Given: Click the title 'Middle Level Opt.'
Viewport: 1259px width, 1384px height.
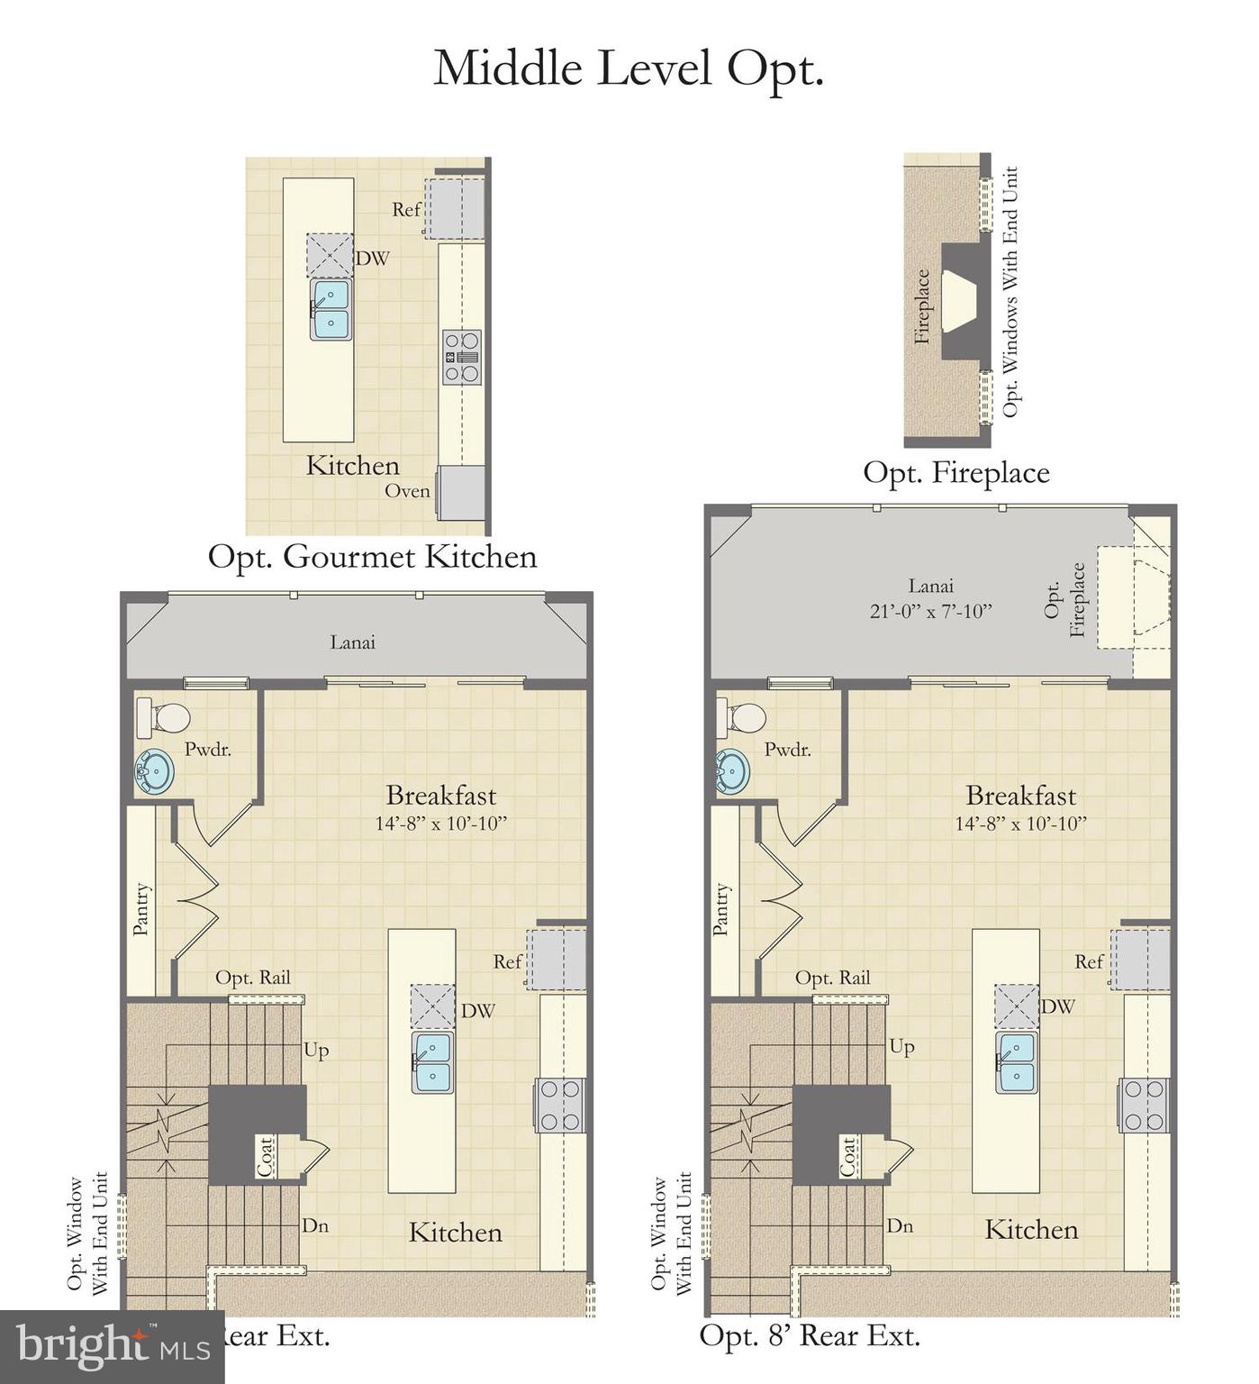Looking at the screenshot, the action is pyautogui.click(x=629, y=68).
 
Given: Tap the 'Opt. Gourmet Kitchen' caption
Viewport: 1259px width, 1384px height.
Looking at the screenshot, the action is pyautogui.click(x=372, y=556).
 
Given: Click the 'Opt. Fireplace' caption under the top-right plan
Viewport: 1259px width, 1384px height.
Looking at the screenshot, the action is pyautogui.click(x=956, y=472).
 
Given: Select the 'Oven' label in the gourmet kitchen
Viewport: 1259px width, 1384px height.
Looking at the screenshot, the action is pyautogui.click(x=407, y=491).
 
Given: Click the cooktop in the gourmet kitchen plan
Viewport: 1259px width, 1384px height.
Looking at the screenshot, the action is pyautogui.click(x=462, y=357).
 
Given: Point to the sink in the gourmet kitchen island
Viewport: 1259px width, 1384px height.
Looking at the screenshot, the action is pyautogui.click(x=331, y=309).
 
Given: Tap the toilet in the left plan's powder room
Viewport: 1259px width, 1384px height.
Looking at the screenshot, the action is pyautogui.click(x=163, y=718).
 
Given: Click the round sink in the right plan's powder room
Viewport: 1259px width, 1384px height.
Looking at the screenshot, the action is pyautogui.click(x=732, y=772).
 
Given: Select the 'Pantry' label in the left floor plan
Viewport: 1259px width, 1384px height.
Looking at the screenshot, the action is pyautogui.click(x=141, y=909).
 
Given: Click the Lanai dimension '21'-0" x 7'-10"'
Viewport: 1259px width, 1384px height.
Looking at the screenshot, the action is pyautogui.click(x=931, y=610).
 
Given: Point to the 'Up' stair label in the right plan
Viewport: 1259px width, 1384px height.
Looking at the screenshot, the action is pyautogui.click(x=901, y=1047).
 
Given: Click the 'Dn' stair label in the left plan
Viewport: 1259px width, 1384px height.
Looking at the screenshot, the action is pyautogui.click(x=315, y=1225).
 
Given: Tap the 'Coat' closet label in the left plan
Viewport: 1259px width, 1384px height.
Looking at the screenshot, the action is pyautogui.click(x=265, y=1156).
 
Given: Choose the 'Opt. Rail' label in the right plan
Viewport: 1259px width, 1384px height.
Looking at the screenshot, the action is pyautogui.click(x=833, y=978).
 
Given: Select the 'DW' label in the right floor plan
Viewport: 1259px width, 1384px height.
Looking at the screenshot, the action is pyautogui.click(x=1058, y=1006).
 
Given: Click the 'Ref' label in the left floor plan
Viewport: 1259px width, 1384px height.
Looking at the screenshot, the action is pyautogui.click(x=507, y=961).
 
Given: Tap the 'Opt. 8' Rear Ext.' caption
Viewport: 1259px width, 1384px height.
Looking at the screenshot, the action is pyautogui.click(x=810, y=1334).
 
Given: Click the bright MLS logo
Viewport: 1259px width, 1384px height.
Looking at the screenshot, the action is pyautogui.click(x=112, y=1347).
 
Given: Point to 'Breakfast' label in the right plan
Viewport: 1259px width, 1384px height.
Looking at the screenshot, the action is pyautogui.click(x=1020, y=796).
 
